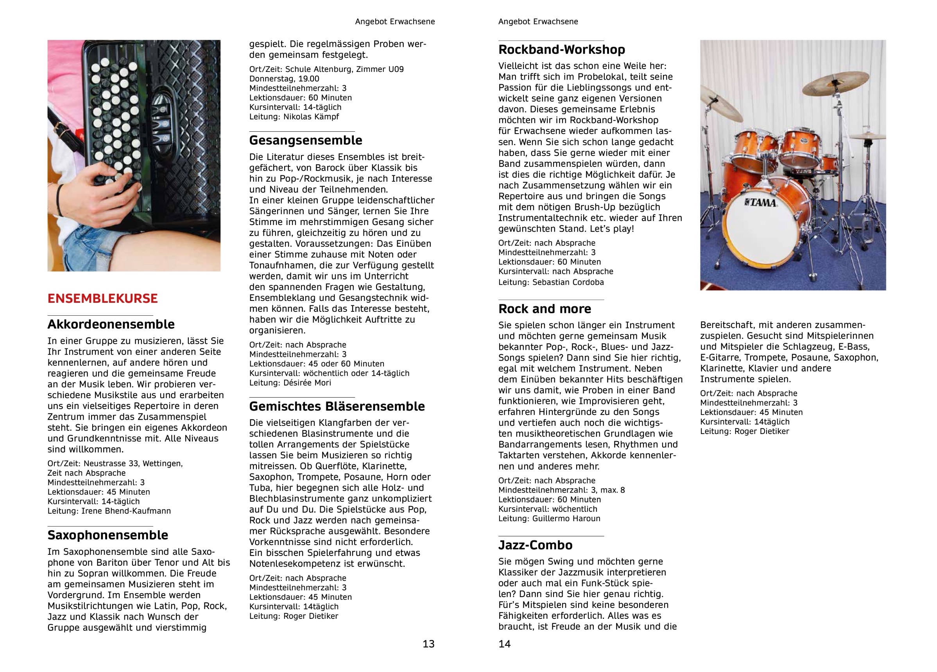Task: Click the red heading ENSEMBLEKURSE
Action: pos(102,298)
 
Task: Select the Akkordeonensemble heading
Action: pos(111,324)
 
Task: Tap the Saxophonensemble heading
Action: pos(107,535)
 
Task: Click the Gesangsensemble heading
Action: pos(305,140)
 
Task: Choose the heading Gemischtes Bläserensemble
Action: pos(337,406)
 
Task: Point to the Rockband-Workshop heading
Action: pos(561,50)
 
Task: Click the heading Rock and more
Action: pos(545,309)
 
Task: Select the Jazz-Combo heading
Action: pos(535,545)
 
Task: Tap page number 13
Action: pos(428,644)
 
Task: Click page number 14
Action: pos(504,644)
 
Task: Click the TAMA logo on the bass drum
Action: pos(761,202)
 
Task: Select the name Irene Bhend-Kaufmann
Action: pos(125,511)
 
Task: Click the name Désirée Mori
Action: pos(307,383)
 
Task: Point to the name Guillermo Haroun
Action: pos(566,519)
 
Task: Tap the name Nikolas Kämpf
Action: pos(311,117)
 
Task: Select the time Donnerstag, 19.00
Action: pos(284,79)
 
